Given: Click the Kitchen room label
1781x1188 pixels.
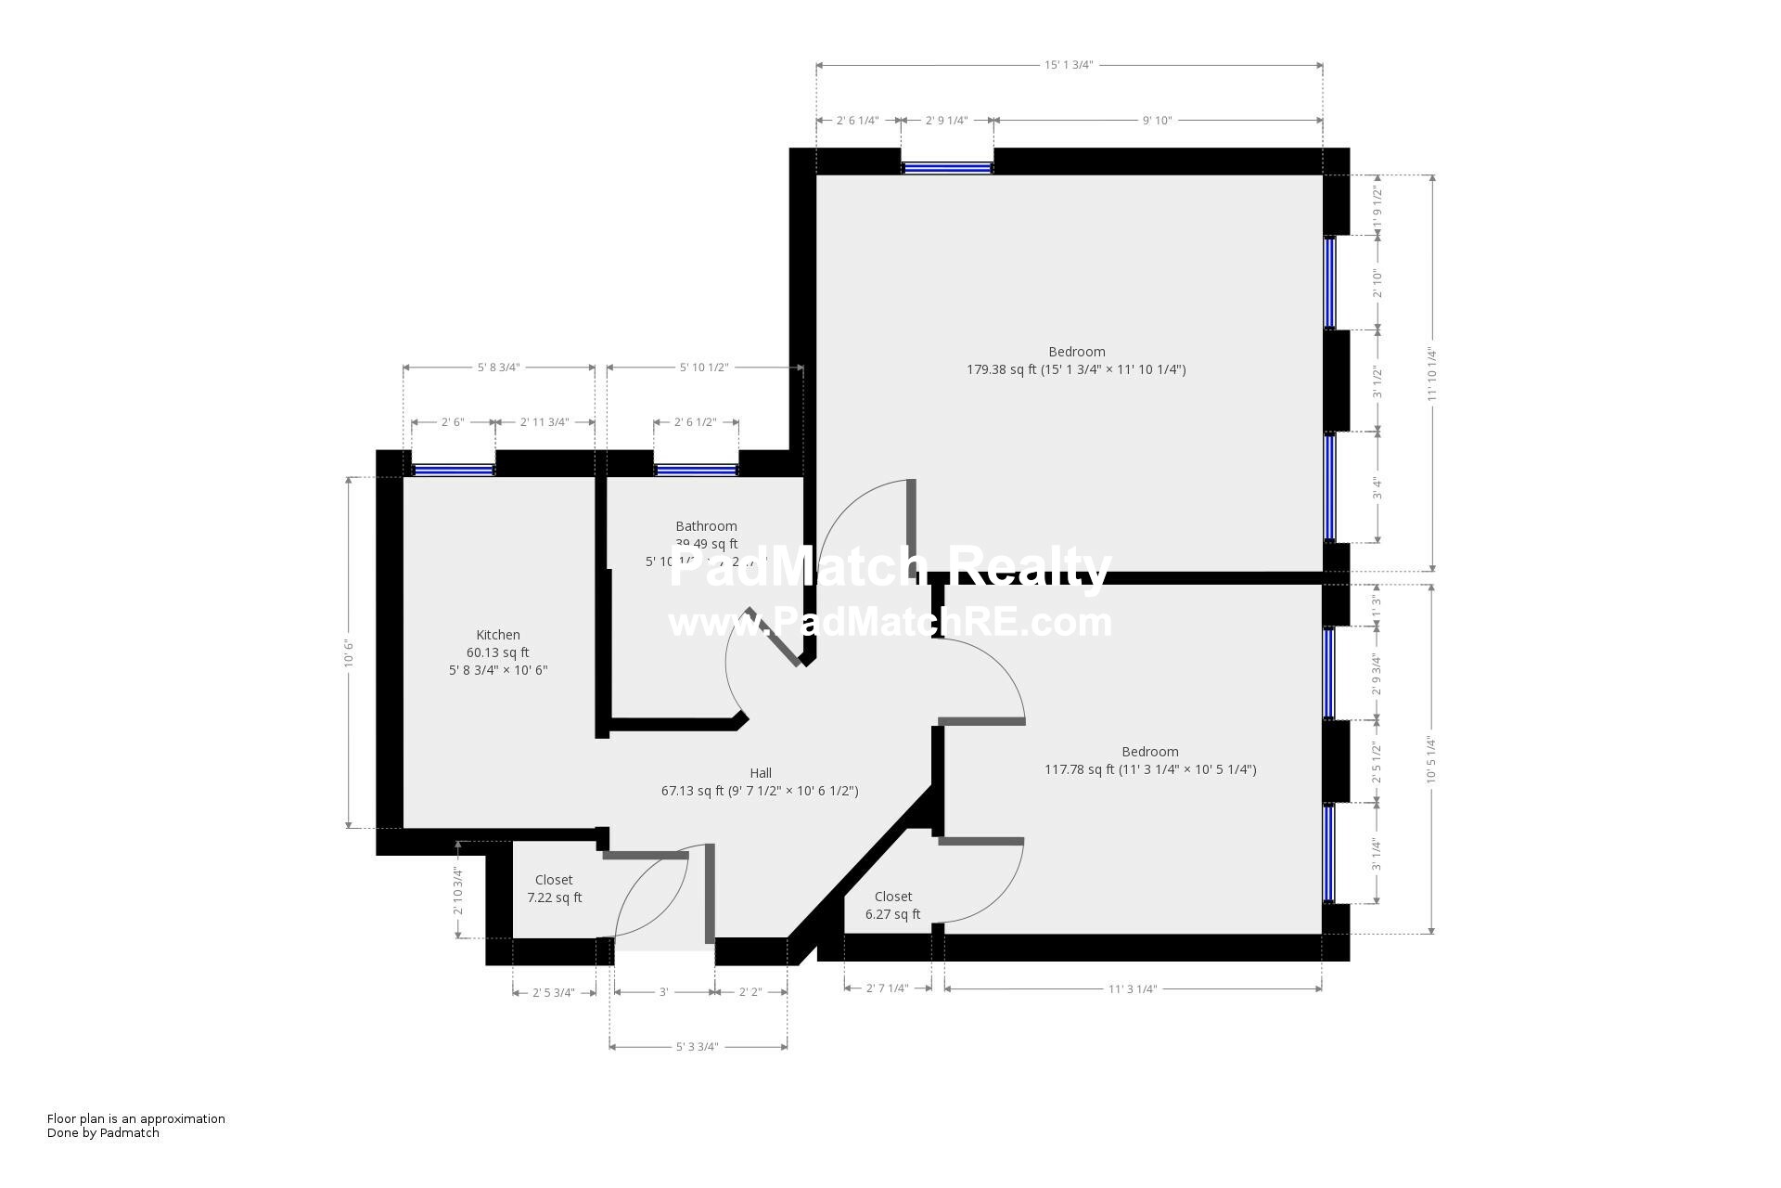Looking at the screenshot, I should click(497, 635).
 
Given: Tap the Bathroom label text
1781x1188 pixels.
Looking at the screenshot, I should click(706, 526).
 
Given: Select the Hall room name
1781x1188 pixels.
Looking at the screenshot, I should click(760, 773).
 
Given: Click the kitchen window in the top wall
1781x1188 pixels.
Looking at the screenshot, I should click(453, 471).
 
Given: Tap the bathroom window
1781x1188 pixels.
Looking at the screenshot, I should click(696, 471).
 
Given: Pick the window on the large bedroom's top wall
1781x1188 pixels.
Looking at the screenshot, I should click(947, 169).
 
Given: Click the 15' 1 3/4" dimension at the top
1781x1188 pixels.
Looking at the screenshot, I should click(1069, 65).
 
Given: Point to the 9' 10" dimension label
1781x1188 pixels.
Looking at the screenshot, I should click(1157, 121).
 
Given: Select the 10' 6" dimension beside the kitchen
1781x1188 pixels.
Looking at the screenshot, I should click(349, 652).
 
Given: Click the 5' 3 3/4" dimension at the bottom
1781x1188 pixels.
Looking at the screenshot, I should click(697, 1047).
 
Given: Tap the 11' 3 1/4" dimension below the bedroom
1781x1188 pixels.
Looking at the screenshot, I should click(1132, 989).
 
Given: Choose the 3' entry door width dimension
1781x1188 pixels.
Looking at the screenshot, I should click(663, 992).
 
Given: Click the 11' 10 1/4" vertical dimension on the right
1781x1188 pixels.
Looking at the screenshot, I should click(1432, 374).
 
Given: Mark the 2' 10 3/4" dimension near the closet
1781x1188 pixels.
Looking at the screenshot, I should click(458, 891).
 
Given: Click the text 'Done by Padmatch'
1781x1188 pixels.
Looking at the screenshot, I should click(103, 1132).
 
